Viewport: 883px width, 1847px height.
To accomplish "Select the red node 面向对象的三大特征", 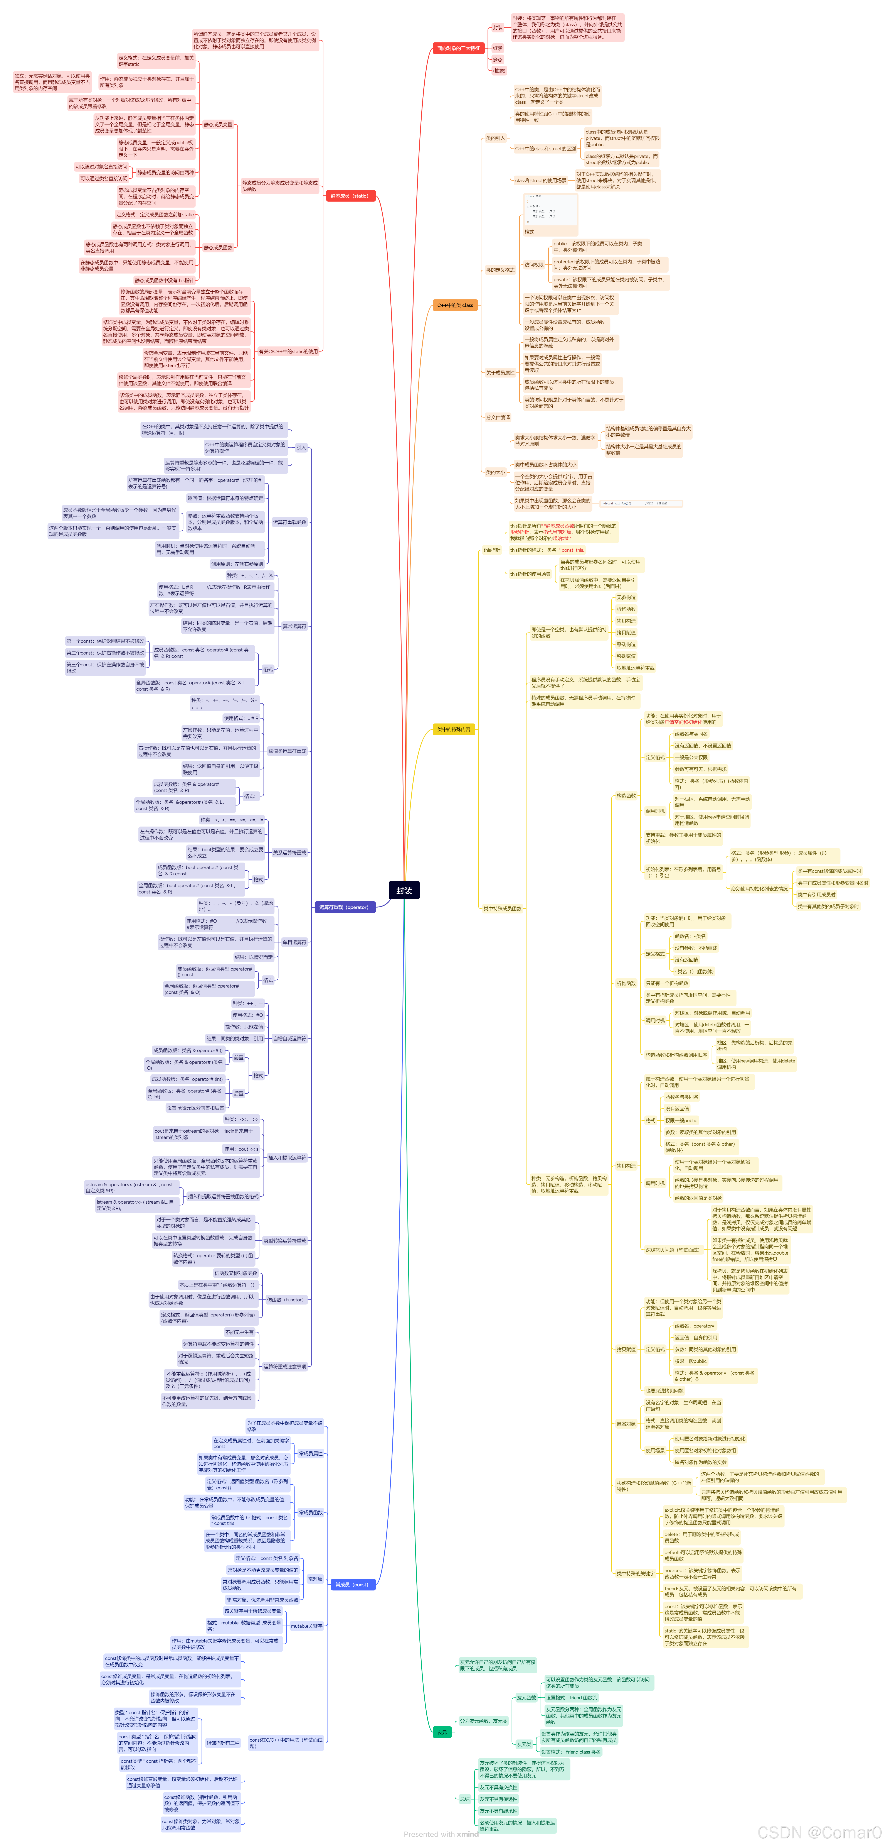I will pos(459,48).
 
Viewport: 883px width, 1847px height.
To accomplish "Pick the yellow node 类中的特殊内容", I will pos(454,729).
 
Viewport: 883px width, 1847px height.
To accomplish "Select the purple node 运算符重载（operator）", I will pos(344,907).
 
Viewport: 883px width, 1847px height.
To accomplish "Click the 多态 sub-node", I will pos(497,59).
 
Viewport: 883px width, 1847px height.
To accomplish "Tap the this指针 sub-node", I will pos(492,550).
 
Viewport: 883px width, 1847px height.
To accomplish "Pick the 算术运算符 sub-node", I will pos(294,626).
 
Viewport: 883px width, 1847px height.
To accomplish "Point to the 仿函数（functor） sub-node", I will pos(285,1299).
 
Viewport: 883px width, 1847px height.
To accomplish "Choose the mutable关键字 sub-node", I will pos(307,1626).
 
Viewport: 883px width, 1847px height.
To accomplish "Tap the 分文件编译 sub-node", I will pos(498,417).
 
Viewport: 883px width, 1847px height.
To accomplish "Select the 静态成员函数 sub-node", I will pos(218,247).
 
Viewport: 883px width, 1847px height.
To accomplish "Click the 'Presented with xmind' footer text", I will pos(441,1834).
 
